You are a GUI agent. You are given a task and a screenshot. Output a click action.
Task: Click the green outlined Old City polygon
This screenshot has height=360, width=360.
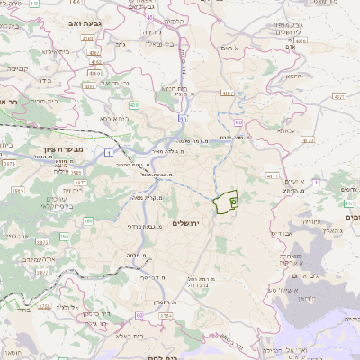click(225, 202)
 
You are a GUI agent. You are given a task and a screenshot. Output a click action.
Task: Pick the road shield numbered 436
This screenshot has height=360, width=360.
click(133, 105)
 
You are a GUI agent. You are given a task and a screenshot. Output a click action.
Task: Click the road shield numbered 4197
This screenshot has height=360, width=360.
click(228, 92)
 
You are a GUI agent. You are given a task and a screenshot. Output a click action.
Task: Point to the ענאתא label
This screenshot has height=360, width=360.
click(283, 130)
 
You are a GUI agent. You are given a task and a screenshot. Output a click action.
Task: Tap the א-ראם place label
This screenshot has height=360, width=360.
click(234, 47)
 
